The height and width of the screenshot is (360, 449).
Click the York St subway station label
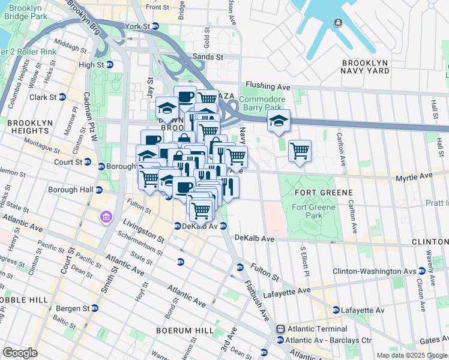point(137,27)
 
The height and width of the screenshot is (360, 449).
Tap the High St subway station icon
point(110,65)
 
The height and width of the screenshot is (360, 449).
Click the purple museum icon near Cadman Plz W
point(106,216)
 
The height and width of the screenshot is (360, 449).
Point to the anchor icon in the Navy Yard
point(338,23)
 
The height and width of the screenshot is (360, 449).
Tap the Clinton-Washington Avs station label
point(366,271)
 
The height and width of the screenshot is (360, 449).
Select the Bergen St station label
point(72,308)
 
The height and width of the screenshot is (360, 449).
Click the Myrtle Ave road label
point(414,178)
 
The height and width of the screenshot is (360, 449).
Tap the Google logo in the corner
point(20,353)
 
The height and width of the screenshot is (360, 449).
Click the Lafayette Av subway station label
point(363,310)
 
